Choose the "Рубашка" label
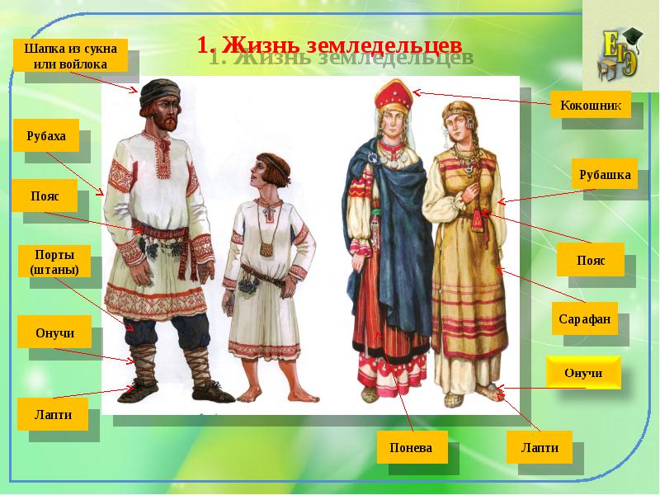pos(604,174)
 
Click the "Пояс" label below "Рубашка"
pos(591,261)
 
